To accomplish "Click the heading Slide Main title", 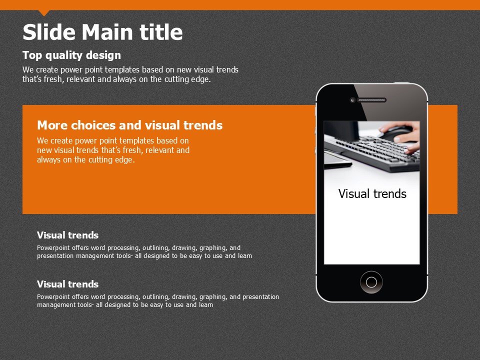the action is pos(102,32).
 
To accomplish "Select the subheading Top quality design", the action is pos(71,55).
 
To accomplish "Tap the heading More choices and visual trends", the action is pos(130,125).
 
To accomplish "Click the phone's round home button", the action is pos(371,282).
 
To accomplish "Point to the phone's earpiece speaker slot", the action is pos(371,100).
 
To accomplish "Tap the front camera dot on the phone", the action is pos(352,100).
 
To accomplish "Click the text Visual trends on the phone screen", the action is pos(372,194).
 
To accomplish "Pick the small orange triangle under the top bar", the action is pos(44,12).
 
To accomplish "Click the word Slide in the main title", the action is pos(49,32).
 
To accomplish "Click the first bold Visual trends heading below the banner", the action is pos(67,235).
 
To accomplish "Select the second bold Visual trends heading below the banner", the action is pos(67,284).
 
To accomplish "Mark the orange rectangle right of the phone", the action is pos(442,159).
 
